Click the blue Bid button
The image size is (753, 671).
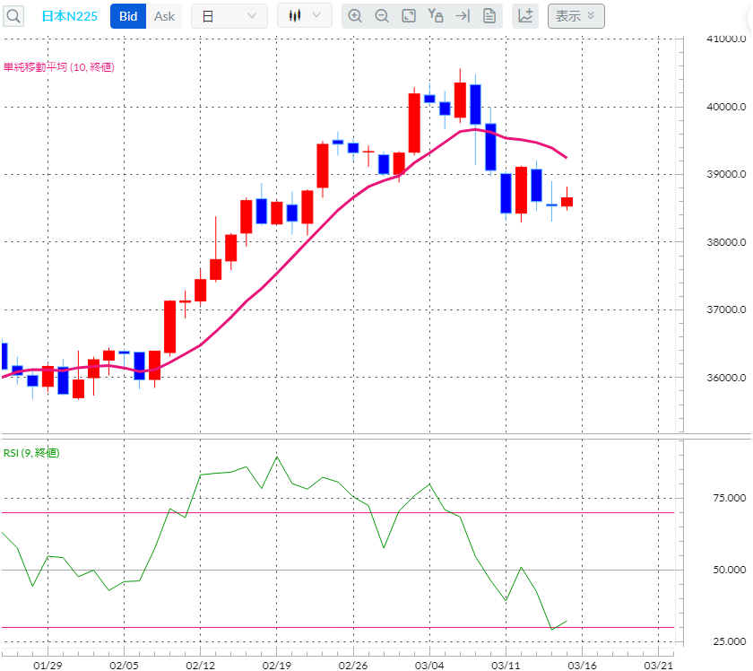(x=128, y=16)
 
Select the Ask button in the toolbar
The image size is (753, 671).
(x=164, y=16)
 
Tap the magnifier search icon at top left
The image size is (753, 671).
(x=13, y=16)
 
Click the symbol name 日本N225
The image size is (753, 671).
(x=70, y=16)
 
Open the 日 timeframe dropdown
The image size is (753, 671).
(x=229, y=16)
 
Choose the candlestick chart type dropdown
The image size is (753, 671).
(x=305, y=16)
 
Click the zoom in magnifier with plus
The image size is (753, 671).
(x=355, y=16)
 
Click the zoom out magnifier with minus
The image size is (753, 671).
(x=382, y=16)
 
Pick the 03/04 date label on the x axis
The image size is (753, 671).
(x=429, y=665)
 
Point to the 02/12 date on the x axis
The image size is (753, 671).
(x=199, y=665)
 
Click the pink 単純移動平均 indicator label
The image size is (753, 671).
(x=58, y=67)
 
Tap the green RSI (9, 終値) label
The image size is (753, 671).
(x=31, y=453)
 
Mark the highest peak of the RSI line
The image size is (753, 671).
(x=276, y=457)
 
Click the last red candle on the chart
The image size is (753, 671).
(x=567, y=202)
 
